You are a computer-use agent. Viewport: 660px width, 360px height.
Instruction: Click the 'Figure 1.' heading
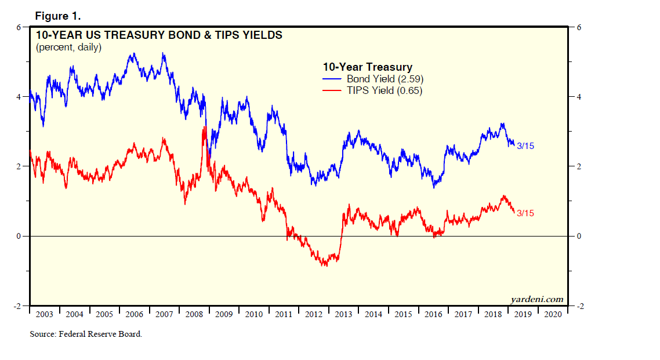pos(57,15)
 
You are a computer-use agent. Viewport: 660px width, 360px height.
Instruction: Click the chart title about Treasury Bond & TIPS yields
pos(159,35)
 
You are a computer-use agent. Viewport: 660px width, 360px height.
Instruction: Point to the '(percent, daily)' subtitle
pos(68,48)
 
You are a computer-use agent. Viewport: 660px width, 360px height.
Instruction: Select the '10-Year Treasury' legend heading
pos(367,67)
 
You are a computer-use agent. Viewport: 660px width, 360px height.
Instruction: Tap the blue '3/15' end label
pos(525,146)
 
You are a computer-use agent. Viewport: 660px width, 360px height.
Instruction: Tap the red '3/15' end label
pos(525,213)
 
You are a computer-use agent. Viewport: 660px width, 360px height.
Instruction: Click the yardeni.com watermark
pos(536,299)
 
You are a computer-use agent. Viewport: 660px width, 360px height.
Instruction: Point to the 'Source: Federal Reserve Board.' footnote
pos(86,334)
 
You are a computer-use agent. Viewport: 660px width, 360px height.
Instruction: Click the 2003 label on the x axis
pos(44,314)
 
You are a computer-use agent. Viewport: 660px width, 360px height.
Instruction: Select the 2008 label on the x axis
pos(194,314)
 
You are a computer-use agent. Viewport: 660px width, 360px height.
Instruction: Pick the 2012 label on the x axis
pos(313,314)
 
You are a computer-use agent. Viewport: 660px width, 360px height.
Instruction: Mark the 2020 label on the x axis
pos(553,314)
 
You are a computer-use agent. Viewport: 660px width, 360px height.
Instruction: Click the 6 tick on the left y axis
pos(19,27)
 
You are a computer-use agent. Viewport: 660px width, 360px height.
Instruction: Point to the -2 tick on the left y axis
pos(17,306)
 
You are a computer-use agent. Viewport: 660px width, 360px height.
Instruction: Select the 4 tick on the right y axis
pos(578,97)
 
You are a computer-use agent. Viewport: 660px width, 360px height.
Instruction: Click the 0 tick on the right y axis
pos(578,237)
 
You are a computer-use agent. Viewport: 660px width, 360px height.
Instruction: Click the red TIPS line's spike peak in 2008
pos(205,127)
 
